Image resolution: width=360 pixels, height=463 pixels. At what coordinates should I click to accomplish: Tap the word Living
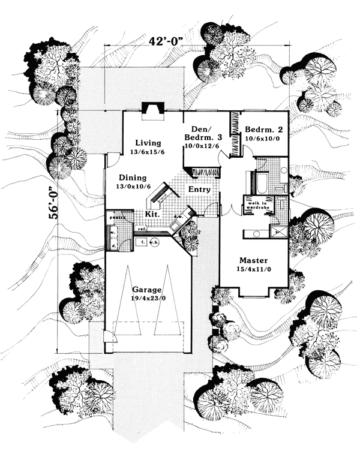pos(148,143)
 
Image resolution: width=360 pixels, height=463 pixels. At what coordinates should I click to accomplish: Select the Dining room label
pos(133,178)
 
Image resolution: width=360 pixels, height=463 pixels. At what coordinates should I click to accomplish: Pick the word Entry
pos(199,190)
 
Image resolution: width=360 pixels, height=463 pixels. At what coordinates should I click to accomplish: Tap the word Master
pos(253,261)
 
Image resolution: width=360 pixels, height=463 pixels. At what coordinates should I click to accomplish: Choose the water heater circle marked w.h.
pos(153,242)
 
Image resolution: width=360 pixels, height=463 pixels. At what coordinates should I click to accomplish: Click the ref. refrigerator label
pos(142,229)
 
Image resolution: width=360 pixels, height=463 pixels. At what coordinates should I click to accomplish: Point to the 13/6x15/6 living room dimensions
pos(148,152)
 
